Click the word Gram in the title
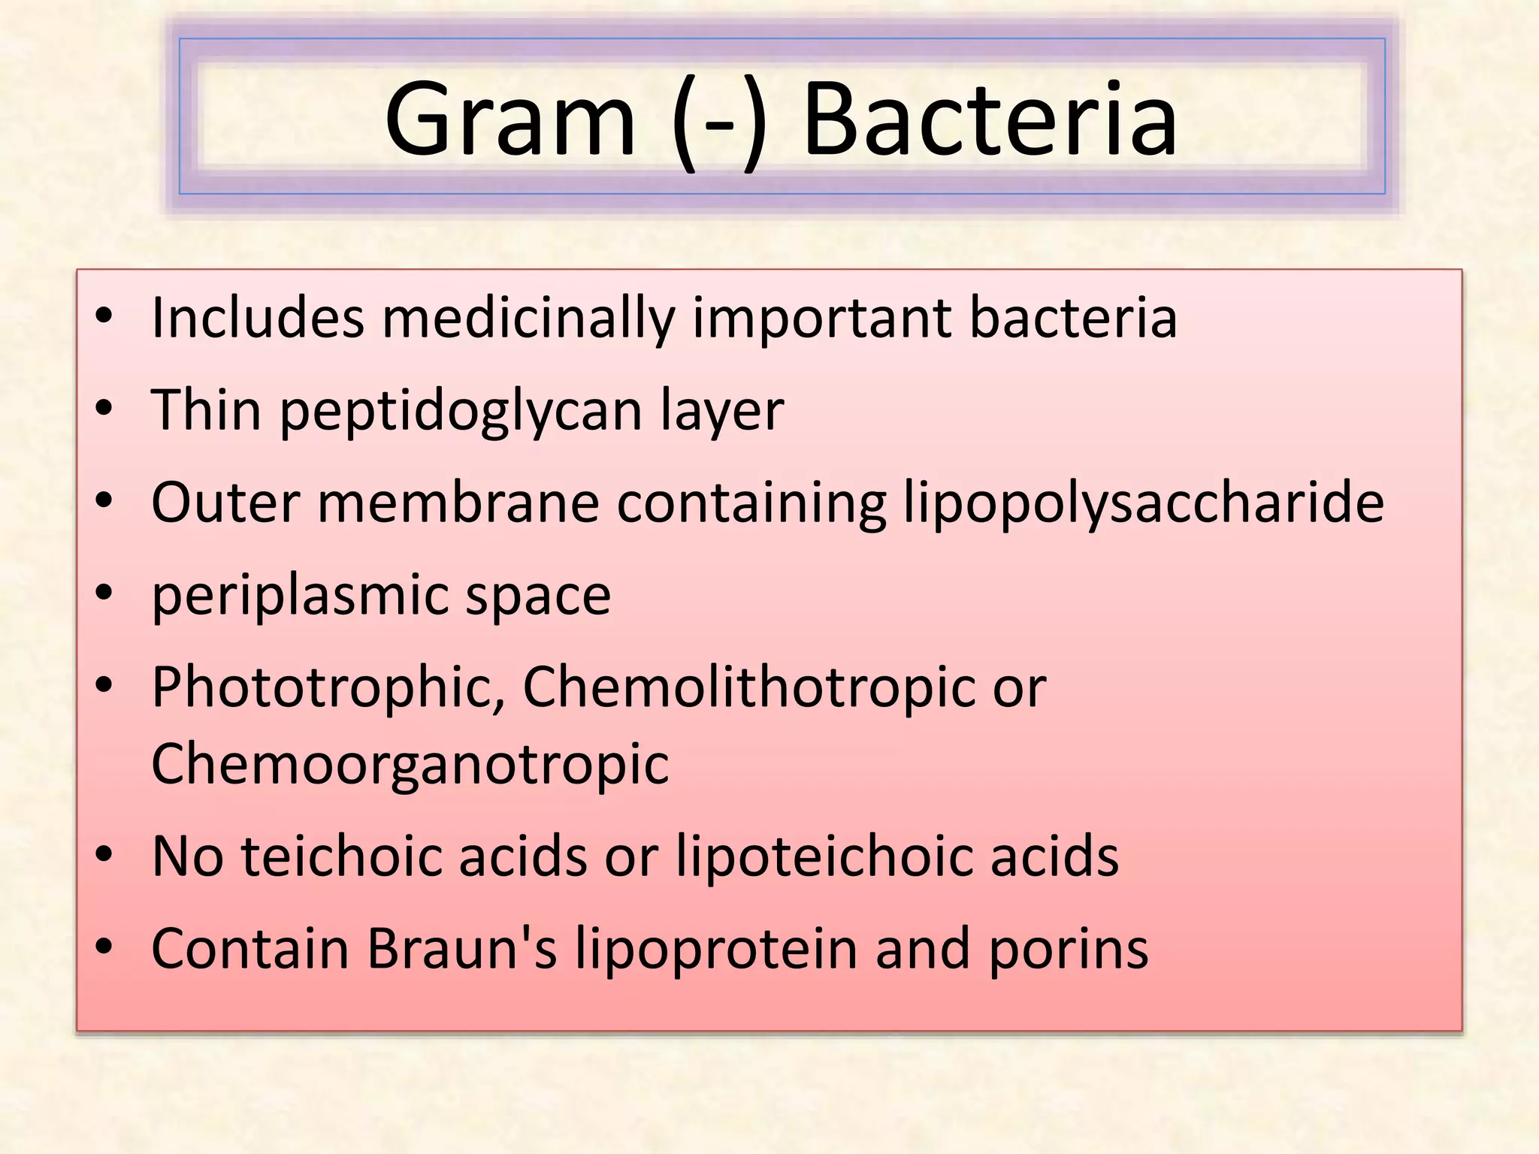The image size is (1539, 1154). (510, 120)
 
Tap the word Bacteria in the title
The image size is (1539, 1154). (990, 120)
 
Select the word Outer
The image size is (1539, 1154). (225, 503)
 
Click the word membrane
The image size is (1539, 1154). (458, 503)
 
